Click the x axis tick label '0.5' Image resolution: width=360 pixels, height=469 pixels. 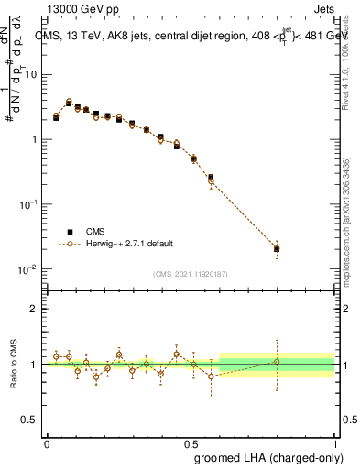point(191,442)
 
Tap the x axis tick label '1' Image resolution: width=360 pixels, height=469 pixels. point(335,442)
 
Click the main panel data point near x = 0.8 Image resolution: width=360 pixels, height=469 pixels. point(277,248)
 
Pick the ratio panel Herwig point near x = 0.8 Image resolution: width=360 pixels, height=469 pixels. point(277,362)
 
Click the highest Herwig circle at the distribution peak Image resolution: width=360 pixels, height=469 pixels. point(69,102)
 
